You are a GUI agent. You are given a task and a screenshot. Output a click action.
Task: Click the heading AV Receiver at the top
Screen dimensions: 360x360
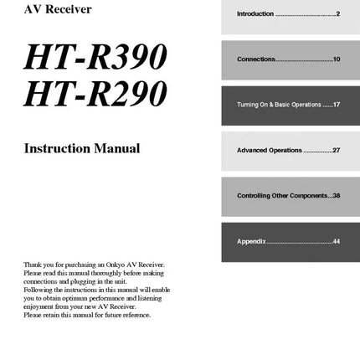pos(58,10)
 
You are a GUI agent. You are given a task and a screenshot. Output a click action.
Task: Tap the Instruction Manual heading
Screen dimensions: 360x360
pos(82,149)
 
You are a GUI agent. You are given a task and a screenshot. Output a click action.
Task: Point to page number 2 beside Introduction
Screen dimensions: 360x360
pos(337,13)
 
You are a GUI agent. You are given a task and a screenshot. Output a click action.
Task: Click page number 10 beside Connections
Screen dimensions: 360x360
pos(336,59)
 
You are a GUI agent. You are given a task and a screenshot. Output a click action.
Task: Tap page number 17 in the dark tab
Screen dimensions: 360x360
pos(336,105)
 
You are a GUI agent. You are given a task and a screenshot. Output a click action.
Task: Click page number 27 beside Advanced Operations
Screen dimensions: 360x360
pos(336,150)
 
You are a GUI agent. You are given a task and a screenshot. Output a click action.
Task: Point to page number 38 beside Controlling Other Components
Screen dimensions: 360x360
pos(336,195)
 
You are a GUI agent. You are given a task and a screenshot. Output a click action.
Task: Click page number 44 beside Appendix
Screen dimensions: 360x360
pos(336,241)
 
